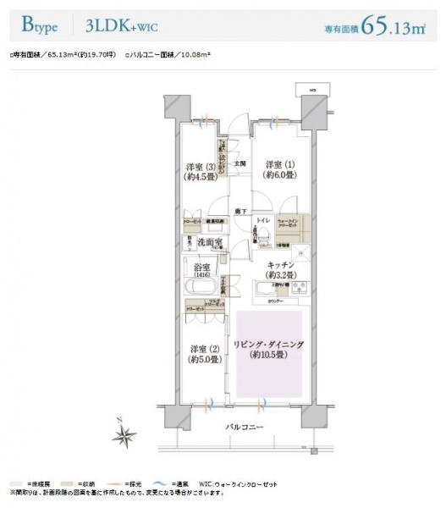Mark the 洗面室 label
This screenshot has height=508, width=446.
click(209, 243)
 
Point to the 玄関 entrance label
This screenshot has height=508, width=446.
click(240, 163)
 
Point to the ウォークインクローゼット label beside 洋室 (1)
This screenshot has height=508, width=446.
click(288, 224)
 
